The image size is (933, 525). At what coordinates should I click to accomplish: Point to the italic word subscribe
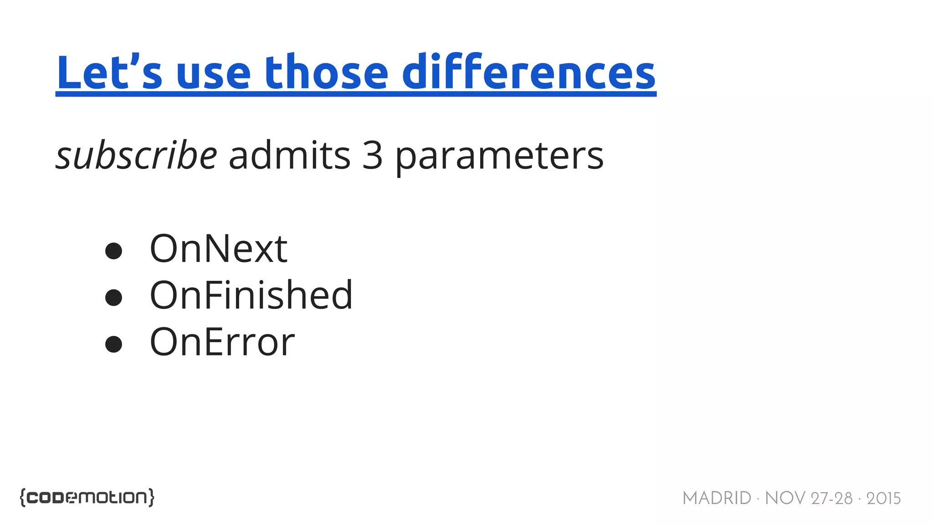click(136, 156)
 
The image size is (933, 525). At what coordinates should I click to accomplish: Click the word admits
click(290, 156)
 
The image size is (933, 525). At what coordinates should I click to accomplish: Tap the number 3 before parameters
click(372, 156)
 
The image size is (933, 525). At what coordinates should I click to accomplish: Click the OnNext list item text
click(219, 249)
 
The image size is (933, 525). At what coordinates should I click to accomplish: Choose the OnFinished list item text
click(251, 296)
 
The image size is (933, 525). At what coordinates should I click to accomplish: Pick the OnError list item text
click(222, 342)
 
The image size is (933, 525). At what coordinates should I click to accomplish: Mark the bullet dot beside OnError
click(113, 345)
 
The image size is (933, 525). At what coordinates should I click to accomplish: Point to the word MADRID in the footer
click(717, 498)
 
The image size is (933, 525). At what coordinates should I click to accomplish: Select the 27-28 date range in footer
click(832, 498)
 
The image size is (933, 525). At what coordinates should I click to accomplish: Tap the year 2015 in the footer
click(883, 498)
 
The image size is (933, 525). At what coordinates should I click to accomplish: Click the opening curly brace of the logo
click(23, 497)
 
